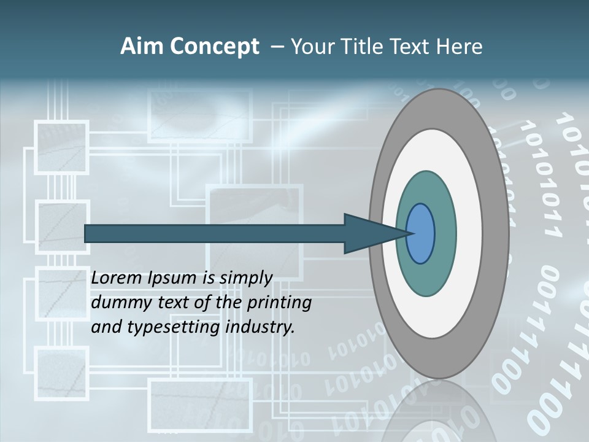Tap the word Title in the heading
coord(356,46)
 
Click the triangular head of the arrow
coord(368,233)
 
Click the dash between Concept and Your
coord(277,47)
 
